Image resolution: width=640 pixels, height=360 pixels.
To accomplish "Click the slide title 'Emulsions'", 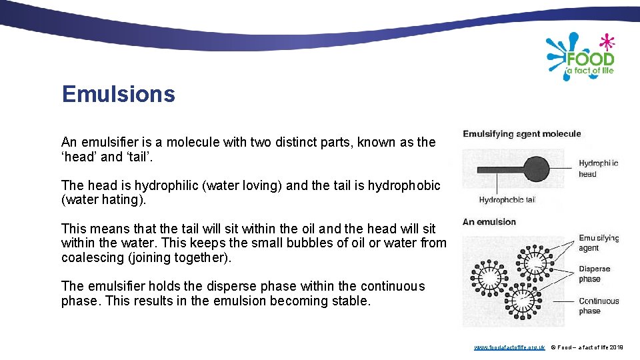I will (x=118, y=94).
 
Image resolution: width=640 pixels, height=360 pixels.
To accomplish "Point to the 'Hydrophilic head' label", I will (x=598, y=169).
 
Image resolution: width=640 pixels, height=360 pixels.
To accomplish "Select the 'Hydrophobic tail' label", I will (x=507, y=199).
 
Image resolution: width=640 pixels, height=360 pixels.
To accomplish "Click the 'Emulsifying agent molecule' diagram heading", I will (x=522, y=134).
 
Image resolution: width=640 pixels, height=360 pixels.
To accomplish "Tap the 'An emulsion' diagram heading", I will (x=489, y=222).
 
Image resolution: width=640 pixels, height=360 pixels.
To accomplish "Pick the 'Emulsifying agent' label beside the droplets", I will (x=599, y=243).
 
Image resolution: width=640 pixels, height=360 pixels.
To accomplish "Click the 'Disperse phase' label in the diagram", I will (x=595, y=274).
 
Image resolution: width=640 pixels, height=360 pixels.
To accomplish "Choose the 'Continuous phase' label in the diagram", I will (x=599, y=306).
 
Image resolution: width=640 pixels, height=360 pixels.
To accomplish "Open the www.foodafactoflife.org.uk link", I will (x=509, y=347).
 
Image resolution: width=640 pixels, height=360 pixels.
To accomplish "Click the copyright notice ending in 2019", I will (x=587, y=347).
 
